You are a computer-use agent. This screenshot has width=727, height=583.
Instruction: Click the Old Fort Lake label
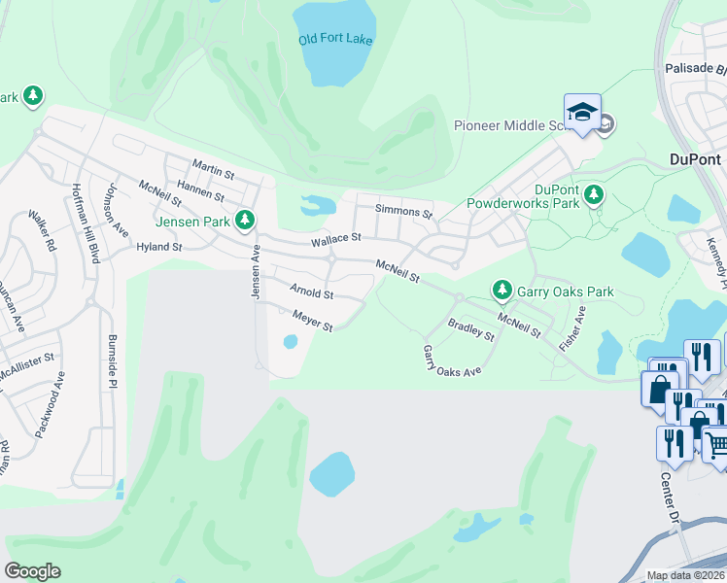pyautogui.click(x=335, y=40)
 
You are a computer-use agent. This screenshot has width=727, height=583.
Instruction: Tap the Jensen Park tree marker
pyautogui.click(x=246, y=221)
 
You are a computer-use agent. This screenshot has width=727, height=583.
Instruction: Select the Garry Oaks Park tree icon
pyautogui.click(x=502, y=290)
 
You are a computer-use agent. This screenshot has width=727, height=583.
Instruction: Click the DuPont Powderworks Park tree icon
pyautogui.click(x=593, y=196)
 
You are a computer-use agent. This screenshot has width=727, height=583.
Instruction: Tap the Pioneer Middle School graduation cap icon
pyautogui.click(x=582, y=113)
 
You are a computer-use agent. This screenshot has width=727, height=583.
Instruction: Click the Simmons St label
pyautogui.click(x=403, y=211)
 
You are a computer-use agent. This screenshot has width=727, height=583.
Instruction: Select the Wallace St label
pyautogui.click(x=335, y=238)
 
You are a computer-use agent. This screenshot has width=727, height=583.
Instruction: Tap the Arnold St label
pyautogui.click(x=311, y=291)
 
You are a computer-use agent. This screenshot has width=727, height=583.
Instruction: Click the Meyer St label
pyautogui.click(x=313, y=320)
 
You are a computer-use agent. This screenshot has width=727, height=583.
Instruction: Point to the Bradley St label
pyautogui.click(x=470, y=329)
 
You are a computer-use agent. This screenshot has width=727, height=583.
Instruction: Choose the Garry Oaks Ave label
pyautogui.click(x=452, y=360)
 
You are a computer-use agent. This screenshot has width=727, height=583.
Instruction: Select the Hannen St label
pyautogui.click(x=201, y=191)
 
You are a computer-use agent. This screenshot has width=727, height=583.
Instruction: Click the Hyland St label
pyautogui.click(x=158, y=247)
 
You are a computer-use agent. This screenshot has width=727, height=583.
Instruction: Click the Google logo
pyautogui.click(x=32, y=571)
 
